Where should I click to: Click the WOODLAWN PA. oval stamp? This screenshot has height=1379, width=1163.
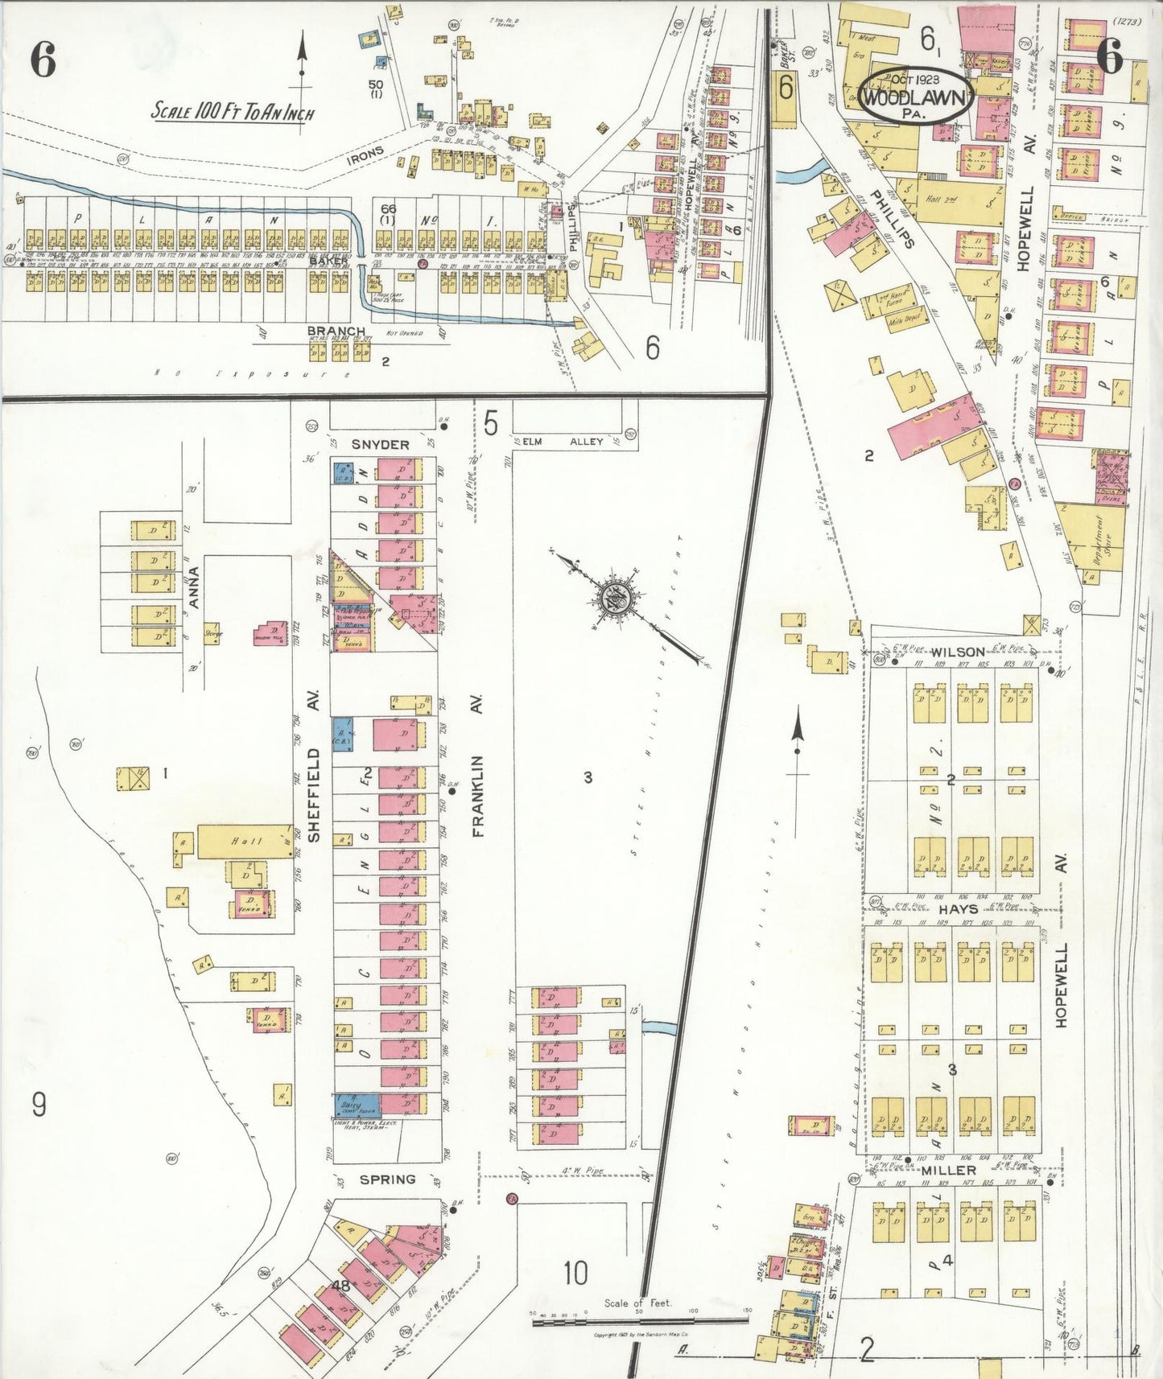pos(916,95)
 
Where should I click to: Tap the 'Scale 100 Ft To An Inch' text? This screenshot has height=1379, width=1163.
pos(233,111)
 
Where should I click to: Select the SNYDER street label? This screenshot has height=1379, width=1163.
pos(381,444)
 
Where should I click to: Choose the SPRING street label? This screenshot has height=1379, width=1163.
pos(387,1179)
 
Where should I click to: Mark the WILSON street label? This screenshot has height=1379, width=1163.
pos(958,652)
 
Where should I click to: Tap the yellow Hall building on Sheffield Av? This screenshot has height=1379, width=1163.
pos(244,842)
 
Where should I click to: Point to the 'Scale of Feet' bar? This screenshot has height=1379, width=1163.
pos(639,1319)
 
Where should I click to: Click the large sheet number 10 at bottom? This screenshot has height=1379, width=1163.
pos(575,1274)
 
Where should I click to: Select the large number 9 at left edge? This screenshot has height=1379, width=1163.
pos(39,1105)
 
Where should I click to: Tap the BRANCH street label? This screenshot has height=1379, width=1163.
pos(336,331)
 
